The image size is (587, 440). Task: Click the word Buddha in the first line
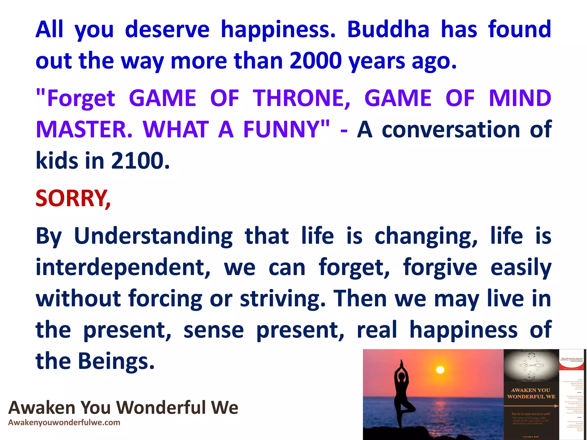388,30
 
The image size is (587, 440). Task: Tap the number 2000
316,61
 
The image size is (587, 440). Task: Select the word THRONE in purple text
301,98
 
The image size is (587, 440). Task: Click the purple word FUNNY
286,129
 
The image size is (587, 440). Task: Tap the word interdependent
123,267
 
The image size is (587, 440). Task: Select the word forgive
440,267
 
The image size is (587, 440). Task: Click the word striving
283,298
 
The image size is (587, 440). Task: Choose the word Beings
116,361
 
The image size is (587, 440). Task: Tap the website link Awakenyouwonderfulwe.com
64,423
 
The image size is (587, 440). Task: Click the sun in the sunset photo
440,370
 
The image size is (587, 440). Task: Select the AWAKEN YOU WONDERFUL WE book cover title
531,393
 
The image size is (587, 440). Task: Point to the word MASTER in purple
84,129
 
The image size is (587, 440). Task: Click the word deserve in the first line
167,30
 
